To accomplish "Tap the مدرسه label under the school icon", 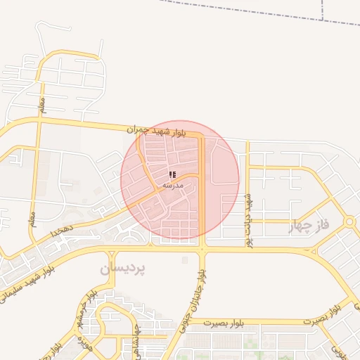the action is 173,185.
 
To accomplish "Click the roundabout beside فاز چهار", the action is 349,221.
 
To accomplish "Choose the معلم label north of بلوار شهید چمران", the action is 42,106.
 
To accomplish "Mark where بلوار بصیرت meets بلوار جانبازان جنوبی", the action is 191,325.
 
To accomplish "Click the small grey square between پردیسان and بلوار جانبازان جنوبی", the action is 184,260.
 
